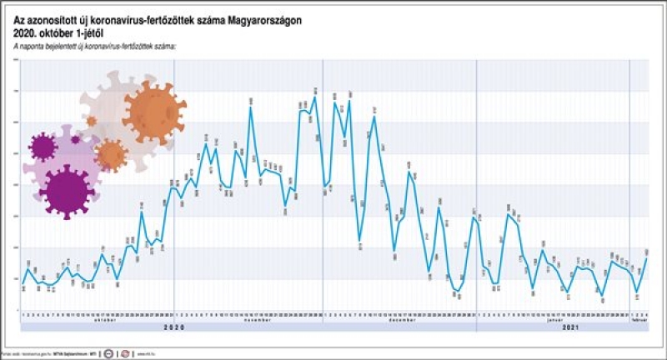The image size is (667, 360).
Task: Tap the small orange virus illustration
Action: [x=110, y=154]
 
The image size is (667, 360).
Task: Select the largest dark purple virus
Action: [x=68, y=191]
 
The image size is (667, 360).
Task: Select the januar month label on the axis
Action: [x=553, y=320]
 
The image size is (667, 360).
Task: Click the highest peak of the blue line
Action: [x=314, y=97]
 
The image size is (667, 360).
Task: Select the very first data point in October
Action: [x=23, y=284]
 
